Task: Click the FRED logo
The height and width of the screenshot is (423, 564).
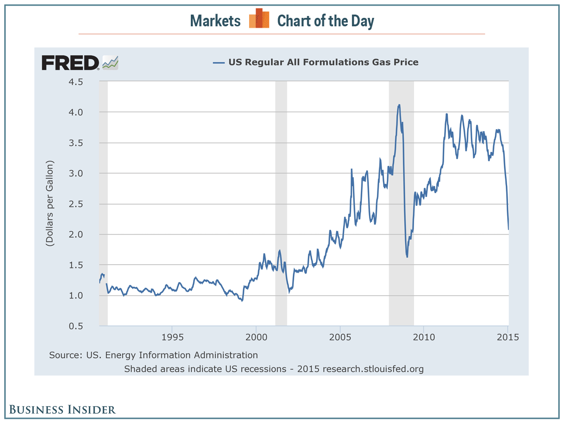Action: coord(79,63)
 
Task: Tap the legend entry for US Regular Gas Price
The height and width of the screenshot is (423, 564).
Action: coord(316,62)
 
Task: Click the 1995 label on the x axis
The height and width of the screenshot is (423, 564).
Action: coord(172,338)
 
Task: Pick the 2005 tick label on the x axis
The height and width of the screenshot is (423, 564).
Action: coord(340,338)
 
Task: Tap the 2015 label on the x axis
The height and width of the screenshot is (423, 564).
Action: coord(508,338)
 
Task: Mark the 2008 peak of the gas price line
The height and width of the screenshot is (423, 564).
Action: coord(399,105)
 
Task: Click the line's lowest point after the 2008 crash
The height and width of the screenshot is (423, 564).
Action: coord(407,257)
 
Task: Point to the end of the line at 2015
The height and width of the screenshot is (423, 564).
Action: coord(509,229)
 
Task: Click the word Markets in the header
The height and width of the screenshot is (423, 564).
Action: coord(215,21)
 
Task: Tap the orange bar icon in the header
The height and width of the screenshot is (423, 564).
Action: coord(259,19)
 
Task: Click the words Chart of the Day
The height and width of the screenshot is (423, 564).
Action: coord(325,21)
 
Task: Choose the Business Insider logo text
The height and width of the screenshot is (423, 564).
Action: coord(63,409)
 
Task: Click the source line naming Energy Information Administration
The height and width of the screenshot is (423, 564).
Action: coord(153,355)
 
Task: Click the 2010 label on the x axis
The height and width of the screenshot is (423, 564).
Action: coord(423,338)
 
